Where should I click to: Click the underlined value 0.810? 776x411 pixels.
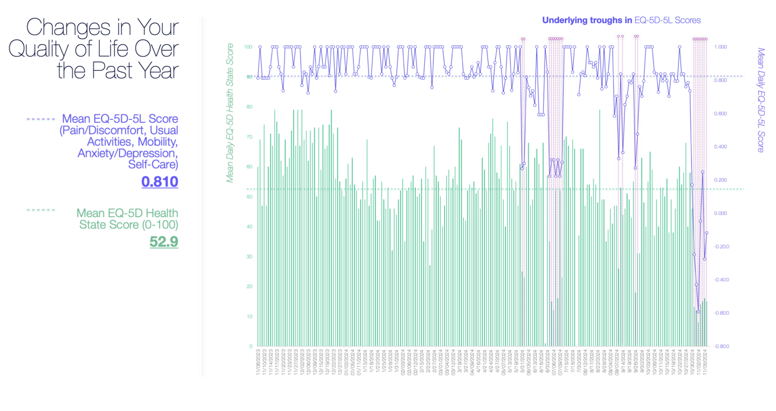[x=160, y=182]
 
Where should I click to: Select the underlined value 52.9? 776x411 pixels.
[x=163, y=242]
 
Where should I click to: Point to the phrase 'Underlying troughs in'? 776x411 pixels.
[x=587, y=20]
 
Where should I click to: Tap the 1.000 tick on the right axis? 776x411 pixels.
[x=720, y=47]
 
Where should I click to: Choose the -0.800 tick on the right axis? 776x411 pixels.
[x=722, y=346]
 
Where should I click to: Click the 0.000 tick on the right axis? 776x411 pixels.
[x=720, y=213]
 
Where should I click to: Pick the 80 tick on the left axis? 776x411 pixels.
[x=249, y=107]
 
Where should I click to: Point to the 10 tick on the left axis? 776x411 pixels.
[x=249, y=316]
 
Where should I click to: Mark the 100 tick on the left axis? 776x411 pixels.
[x=248, y=47]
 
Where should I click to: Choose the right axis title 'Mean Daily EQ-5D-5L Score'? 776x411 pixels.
[x=761, y=100]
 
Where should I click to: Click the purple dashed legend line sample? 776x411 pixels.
[x=41, y=119]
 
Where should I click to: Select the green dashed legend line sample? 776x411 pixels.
[x=41, y=210]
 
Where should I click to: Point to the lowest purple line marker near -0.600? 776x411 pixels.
[x=698, y=312]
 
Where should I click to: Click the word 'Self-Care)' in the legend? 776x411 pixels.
[x=153, y=164]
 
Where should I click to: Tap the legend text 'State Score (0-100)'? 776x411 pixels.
[x=129, y=225]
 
